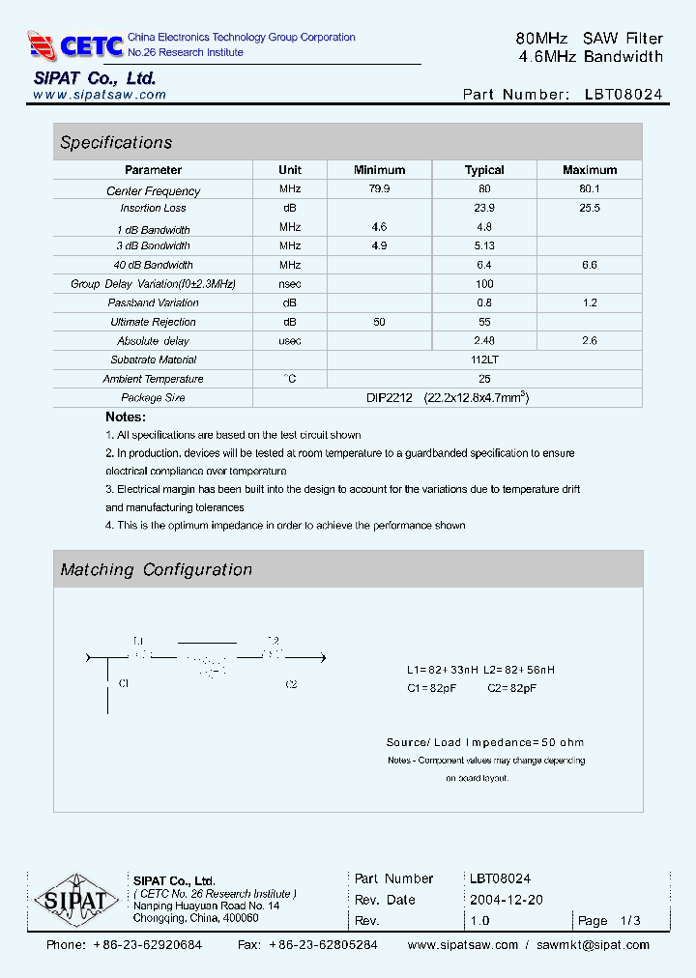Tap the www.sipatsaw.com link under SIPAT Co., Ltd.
coord(100,95)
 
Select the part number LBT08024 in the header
coord(623,95)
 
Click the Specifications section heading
coord(116,143)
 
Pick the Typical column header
coord(484,170)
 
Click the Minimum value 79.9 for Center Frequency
coord(379,190)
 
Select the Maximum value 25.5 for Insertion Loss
coord(589,208)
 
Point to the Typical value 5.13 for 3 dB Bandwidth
coord(484,246)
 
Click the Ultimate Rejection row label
coord(153,322)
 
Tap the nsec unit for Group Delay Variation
coord(290,284)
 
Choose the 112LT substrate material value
coord(484,360)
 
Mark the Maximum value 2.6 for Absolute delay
coord(589,341)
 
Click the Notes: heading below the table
coord(126,417)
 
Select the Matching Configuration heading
coord(156,570)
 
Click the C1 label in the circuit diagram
coord(124,683)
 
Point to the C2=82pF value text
coord(512,688)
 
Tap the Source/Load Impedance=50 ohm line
coord(484,742)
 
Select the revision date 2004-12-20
coord(506,900)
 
